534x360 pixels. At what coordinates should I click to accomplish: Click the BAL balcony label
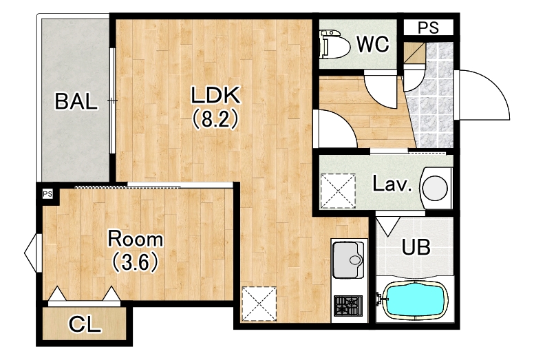click(x=76, y=101)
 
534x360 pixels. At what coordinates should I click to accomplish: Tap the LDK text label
click(x=215, y=95)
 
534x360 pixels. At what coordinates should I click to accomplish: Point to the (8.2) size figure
click(x=215, y=120)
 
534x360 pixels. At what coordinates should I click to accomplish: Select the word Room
click(x=135, y=239)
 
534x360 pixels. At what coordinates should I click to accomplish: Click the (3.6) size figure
click(x=135, y=262)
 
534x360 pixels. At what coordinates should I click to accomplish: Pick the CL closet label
click(x=85, y=325)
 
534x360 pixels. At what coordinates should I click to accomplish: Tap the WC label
click(x=372, y=44)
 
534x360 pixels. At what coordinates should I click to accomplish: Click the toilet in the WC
click(x=334, y=45)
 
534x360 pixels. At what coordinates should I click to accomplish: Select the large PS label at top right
click(x=428, y=28)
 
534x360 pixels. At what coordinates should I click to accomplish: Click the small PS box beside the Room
click(x=48, y=194)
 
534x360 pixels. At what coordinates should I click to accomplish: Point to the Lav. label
click(x=392, y=184)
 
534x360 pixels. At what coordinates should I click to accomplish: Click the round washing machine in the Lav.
click(x=435, y=187)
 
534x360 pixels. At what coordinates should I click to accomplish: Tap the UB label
click(x=416, y=247)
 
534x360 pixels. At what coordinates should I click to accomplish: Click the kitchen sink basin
click(x=348, y=260)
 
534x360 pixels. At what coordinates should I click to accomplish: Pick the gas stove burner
click(x=348, y=306)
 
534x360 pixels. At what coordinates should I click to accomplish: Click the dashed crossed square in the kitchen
click(x=259, y=304)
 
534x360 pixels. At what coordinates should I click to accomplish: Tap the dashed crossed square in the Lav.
click(x=338, y=191)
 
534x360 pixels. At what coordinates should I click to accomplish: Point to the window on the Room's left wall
click(x=32, y=253)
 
